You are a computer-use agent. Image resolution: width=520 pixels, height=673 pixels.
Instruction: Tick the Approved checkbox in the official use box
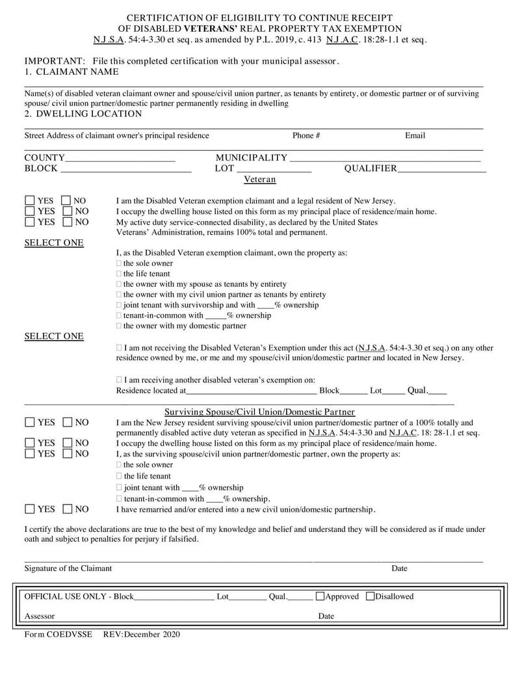[x=320, y=596]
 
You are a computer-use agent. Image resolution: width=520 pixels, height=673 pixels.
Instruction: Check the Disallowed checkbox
[x=370, y=596]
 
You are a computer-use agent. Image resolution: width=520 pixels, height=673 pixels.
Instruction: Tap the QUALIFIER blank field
[x=441, y=170]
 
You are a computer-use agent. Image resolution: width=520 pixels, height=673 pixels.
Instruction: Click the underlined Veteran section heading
[x=260, y=179]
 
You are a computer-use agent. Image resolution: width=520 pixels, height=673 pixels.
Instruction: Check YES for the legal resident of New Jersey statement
[x=31, y=201]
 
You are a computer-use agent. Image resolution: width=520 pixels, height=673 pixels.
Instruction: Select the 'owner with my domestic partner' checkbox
[x=119, y=326]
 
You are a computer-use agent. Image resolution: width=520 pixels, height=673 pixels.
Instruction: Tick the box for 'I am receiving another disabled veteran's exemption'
[x=119, y=379]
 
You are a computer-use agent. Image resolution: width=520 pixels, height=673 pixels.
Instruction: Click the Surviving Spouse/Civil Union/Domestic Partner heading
[x=260, y=412]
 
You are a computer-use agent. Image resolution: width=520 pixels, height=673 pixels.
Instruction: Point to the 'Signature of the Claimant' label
[x=68, y=568]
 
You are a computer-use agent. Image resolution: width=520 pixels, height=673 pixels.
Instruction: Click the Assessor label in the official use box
[x=40, y=616]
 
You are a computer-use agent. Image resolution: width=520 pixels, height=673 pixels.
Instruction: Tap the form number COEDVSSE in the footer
[x=69, y=634]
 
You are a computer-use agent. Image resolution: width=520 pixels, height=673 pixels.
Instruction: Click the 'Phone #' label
[x=306, y=135]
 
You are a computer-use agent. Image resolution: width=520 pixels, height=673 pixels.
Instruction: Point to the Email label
[x=415, y=135]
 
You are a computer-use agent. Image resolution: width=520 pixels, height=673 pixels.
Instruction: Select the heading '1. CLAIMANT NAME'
[x=71, y=72]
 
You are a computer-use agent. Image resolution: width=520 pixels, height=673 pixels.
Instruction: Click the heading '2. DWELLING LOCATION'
[x=83, y=114]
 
